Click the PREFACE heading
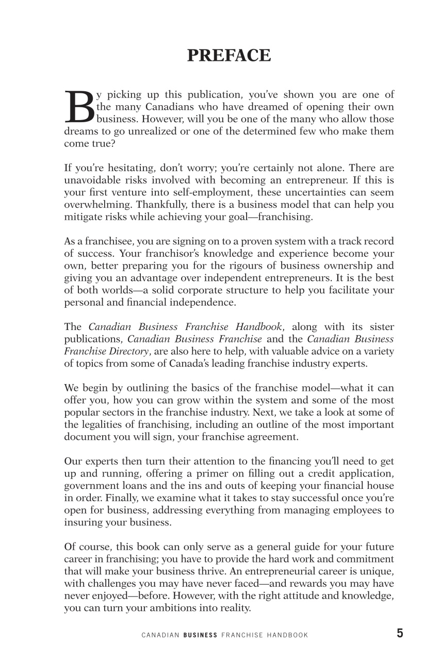pyautogui.click(x=229, y=55)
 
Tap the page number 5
pyautogui.click(x=400, y=634)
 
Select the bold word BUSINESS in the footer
pyautogui.click(x=200, y=635)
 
